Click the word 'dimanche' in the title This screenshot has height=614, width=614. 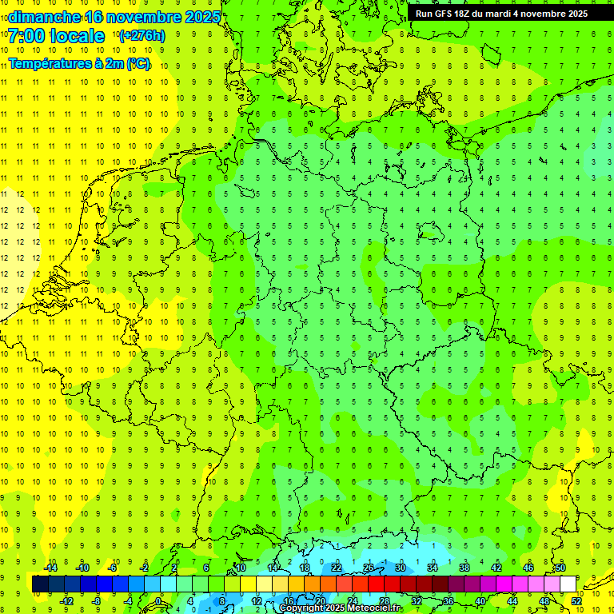39,17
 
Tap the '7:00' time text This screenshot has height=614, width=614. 25,36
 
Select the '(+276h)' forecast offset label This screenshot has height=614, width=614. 142,36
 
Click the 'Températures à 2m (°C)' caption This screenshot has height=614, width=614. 79,63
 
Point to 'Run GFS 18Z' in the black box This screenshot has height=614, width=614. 443,14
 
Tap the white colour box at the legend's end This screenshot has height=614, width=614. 568,584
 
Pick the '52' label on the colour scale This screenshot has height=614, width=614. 576,600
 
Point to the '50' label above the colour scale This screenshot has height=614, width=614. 560,568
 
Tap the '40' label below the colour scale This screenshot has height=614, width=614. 480,600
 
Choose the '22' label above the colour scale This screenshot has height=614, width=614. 337,568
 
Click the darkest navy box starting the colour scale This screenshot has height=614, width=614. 40,584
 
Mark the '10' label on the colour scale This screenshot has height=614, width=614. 240,568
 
